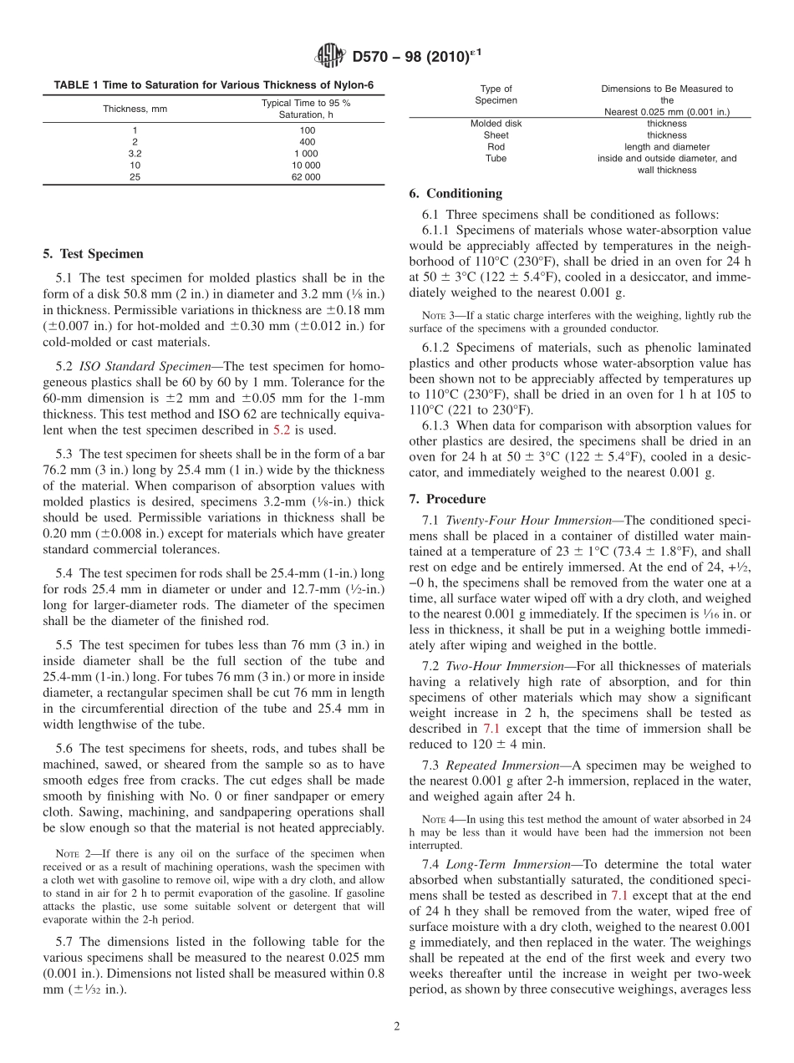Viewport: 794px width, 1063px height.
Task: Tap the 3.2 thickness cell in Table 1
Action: click(x=135, y=154)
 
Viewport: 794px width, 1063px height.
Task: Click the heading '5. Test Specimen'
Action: click(x=93, y=254)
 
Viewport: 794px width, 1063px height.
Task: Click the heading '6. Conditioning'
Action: click(x=456, y=193)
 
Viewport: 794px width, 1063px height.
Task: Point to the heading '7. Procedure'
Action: click(x=447, y=499)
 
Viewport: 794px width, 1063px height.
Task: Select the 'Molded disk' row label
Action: click(x=496, y=123)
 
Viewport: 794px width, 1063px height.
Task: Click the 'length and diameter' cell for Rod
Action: click(x=666, y=146)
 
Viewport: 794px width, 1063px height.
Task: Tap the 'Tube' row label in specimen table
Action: click(x=496, y=158)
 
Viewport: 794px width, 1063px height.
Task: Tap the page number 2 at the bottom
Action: click(x=397, y=1026)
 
